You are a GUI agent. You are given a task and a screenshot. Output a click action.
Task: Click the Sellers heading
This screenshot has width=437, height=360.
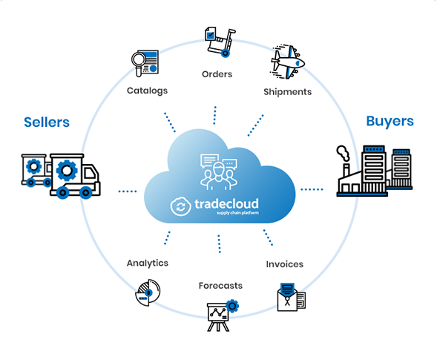pyautogui.click(x=47, y=122)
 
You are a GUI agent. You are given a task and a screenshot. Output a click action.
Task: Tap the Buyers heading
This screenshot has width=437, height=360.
pyautogui.click(x=390, y=122)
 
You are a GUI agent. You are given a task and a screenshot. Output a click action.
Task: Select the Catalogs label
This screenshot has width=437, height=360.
pyautogui.click(x=147, y=91)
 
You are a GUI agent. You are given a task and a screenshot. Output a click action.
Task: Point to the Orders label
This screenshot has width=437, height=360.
pyautogui.click(x=217, y=74)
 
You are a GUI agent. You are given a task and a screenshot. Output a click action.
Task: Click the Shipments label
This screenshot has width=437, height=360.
pyautogui.click(x=288, y=92)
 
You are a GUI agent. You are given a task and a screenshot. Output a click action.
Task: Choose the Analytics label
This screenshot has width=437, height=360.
pyautogui.click(x=148, y=264)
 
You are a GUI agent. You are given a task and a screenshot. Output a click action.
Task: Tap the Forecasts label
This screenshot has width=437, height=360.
pyautogui.click(x=220, y=286)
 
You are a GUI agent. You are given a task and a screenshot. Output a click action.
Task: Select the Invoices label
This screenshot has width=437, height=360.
pyautogui.click(x=285, y=264)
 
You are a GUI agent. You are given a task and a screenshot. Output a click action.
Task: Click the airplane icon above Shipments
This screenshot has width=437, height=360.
pyautogui.click(x=287, y=62)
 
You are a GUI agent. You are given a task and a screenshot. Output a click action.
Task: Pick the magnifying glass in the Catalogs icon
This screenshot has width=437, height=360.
pyautogui.click(x=138, y=62)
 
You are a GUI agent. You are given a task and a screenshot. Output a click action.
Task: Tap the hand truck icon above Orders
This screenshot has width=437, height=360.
pyautogui.click(x=220, y=42)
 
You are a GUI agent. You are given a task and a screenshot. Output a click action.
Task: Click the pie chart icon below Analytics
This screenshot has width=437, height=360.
pyautogui.click(x=148, y=292)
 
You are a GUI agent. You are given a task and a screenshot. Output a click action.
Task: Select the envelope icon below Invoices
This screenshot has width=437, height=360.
pyautogui.click(x=287, y=297)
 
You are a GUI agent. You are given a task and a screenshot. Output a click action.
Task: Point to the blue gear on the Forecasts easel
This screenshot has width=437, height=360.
pyautogui.click(x=232, y=306)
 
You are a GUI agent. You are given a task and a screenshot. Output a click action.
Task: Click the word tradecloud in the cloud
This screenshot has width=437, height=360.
pyautogui.click(x=226, y=204)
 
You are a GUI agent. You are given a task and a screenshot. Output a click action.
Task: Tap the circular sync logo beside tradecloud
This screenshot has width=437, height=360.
pyautogui.click(x=180, y=206)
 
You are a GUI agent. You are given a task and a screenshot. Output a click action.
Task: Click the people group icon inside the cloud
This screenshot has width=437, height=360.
pyautogui.click(x=219, y=171)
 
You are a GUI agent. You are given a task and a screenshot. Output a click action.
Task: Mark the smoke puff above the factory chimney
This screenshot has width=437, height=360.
pyautogui.click(x=343, y=153)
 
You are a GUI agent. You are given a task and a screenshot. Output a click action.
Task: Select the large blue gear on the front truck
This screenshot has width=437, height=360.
pyautogui.click(x=67, y=170)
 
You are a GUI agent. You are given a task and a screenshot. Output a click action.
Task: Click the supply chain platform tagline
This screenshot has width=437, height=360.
pyautogui.click(x=237, y=213)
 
